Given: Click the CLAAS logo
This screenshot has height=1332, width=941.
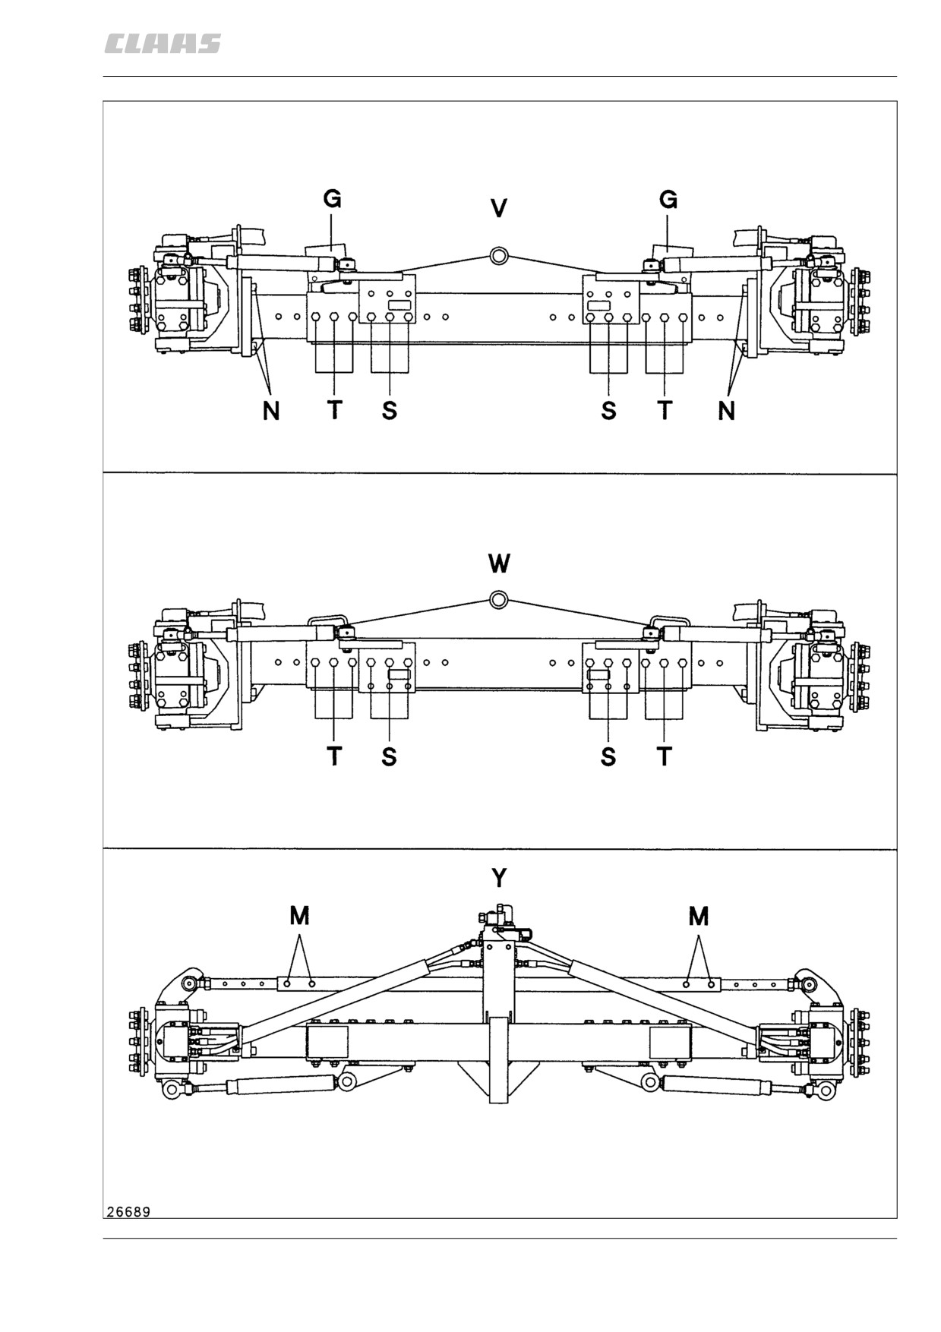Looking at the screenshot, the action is [x=163, y=44].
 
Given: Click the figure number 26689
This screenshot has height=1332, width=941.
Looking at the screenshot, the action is [x=128, y=1211].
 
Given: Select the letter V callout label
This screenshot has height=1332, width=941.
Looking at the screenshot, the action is [x=499, y=208].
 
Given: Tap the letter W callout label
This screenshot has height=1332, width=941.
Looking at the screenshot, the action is [x=499, y=563].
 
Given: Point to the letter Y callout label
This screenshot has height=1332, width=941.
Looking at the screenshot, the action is [x=499, y=878].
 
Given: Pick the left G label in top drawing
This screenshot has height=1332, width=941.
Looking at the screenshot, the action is [x=332, y=199].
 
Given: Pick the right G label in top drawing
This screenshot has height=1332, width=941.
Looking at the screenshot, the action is [x=668, y=199].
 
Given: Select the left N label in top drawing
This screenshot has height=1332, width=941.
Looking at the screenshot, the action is [x=271, y=411].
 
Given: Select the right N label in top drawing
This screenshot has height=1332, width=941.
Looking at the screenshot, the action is [x=727, y=411].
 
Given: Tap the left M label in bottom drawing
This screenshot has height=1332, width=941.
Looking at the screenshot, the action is [x=300, y=916].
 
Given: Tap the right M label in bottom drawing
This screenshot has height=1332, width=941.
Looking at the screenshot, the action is [x=699, y=916].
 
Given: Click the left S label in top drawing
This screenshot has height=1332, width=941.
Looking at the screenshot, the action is [x=389, y=411].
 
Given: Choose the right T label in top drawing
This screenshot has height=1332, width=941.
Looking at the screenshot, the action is [x=665, y=411].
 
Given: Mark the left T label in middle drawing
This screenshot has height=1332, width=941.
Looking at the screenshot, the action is [x=334, y=756].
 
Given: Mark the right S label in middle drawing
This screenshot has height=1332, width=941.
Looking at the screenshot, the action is [x=608, y=756].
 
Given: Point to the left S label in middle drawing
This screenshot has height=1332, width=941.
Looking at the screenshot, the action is [x=389, y=756].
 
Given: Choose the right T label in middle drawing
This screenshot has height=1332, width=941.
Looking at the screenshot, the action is [x=665, y=756].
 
